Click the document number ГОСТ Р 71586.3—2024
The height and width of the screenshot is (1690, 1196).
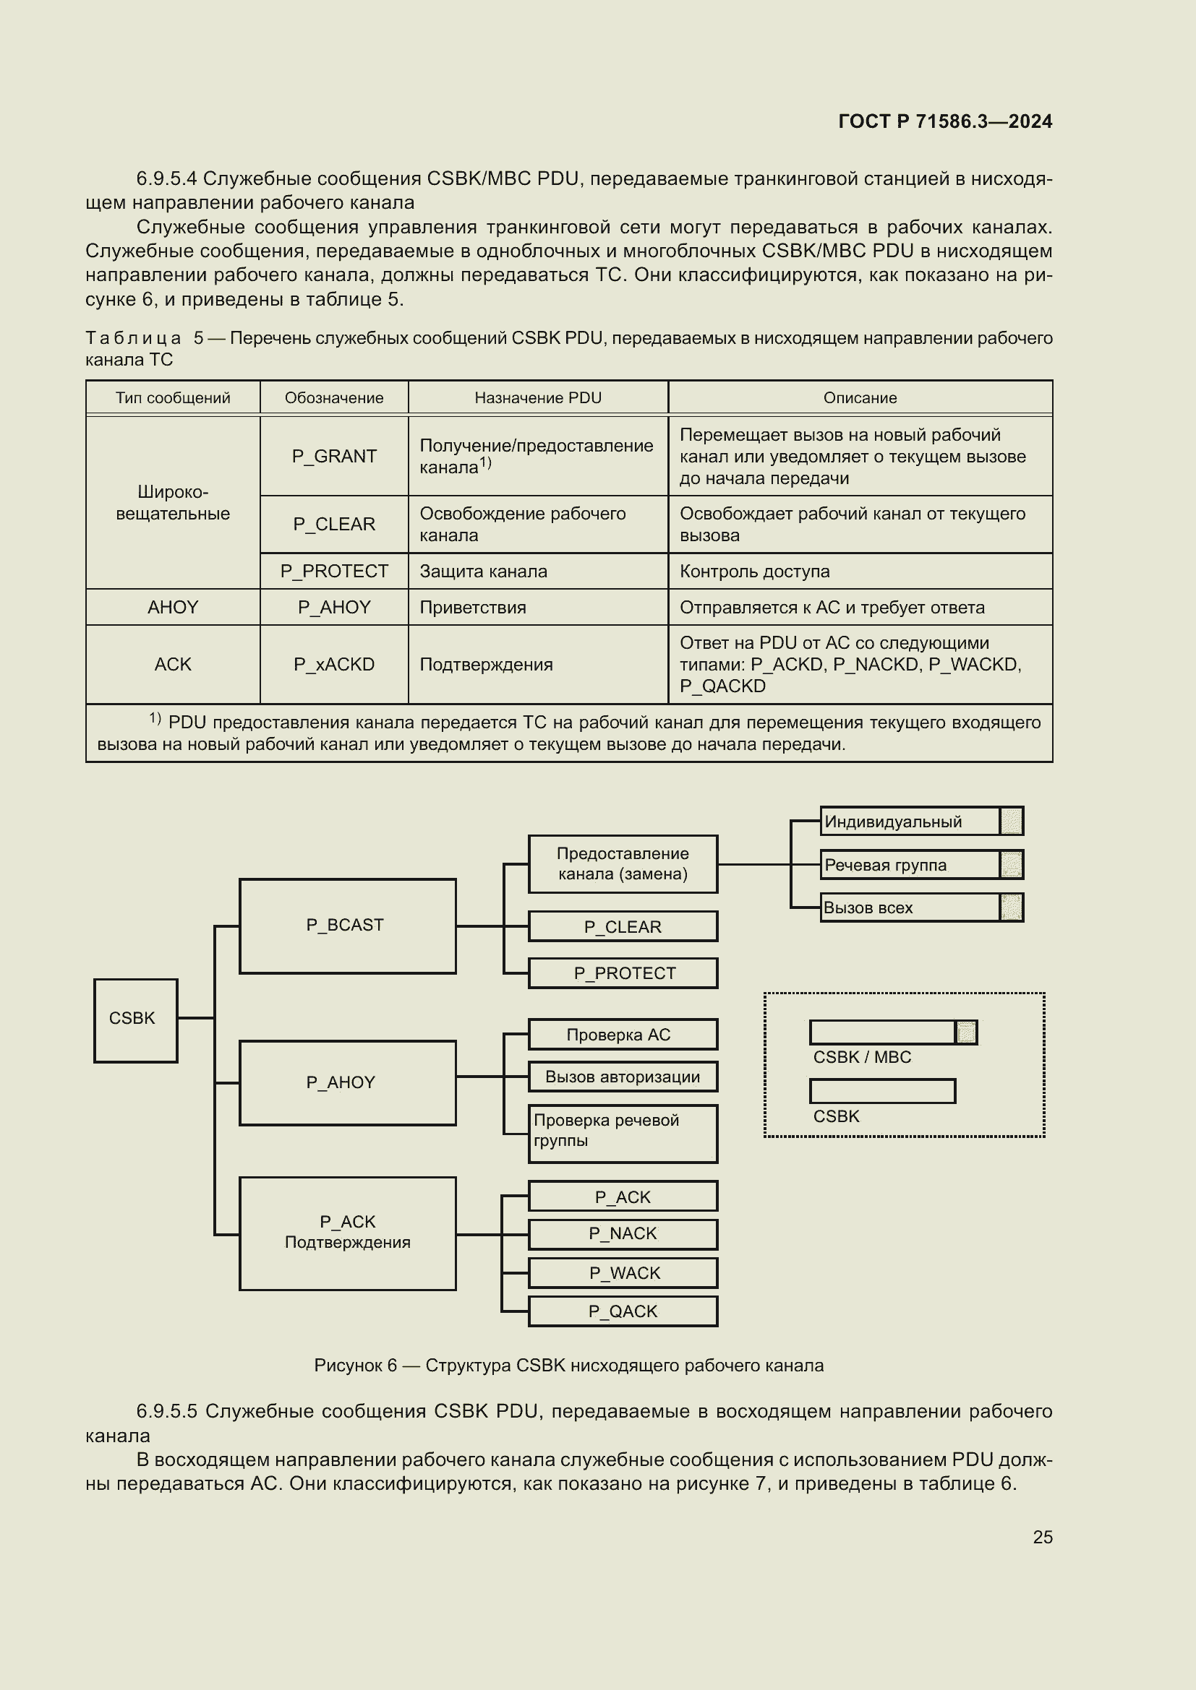(945, 121)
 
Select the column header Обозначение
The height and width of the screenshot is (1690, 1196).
(333, 398)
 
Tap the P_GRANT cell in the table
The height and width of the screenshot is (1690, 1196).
(333, 457)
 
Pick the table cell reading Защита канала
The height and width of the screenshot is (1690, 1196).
(483, 572)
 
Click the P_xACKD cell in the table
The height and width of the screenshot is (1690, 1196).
(333, 665)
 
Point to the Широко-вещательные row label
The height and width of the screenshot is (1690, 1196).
(172, 503)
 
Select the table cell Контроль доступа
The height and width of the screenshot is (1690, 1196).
(754, 572)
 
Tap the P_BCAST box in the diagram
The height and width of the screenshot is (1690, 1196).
(347, 926)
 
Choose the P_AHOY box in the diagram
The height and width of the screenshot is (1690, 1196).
(347, 1083)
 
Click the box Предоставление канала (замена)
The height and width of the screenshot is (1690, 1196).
(623, 864)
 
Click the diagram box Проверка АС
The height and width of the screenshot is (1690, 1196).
(623, 1034)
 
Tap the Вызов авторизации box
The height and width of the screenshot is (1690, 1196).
(623, 1077)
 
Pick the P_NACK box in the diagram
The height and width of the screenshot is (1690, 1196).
(623, 1234)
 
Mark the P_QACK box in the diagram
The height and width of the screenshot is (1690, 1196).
(623, 1311)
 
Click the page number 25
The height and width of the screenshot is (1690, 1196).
(1042, 1537)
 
